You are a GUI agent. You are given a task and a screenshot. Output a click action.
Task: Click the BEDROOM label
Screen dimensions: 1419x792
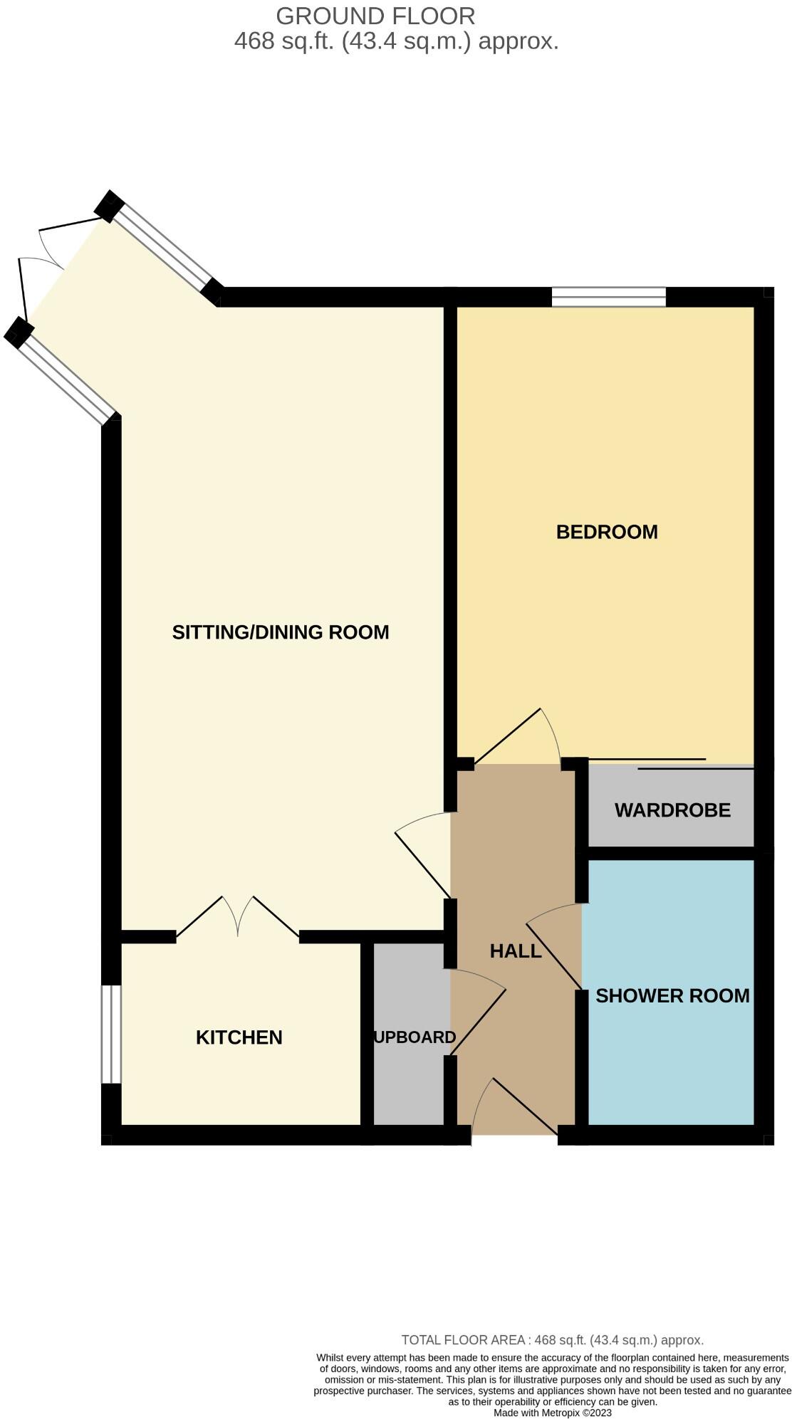click(606, 532)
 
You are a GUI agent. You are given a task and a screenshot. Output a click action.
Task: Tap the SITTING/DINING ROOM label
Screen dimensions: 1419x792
click(280, 632)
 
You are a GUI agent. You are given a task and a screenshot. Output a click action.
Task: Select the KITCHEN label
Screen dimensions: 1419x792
click(239, 1037)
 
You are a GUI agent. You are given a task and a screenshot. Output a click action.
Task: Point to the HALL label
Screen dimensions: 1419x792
click(516, 951)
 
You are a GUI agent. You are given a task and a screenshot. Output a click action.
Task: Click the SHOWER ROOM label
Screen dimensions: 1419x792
click(672, 996)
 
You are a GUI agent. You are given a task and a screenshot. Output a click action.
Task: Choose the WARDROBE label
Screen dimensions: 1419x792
click(672, 810)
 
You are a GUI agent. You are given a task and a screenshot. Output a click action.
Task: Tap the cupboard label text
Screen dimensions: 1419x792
click(414, 1037)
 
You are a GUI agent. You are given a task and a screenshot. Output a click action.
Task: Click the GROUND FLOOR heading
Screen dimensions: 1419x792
click(375, 16)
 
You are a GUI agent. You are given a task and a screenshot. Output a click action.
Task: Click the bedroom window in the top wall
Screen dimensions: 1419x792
click(608, 296)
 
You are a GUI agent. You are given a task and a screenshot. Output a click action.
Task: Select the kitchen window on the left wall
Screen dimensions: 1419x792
click(110, 1034)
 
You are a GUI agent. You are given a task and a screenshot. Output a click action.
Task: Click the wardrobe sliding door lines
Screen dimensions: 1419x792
click(669, 764)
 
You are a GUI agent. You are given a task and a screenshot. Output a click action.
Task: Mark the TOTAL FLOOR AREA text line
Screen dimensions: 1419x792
click(552, 1340)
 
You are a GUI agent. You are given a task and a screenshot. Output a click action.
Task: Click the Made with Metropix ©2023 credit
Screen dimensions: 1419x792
click(552, 1413)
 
